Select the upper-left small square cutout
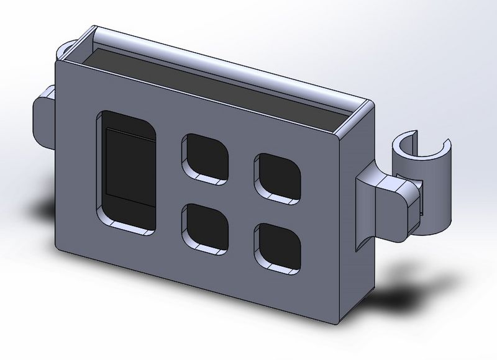pos(205,158)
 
